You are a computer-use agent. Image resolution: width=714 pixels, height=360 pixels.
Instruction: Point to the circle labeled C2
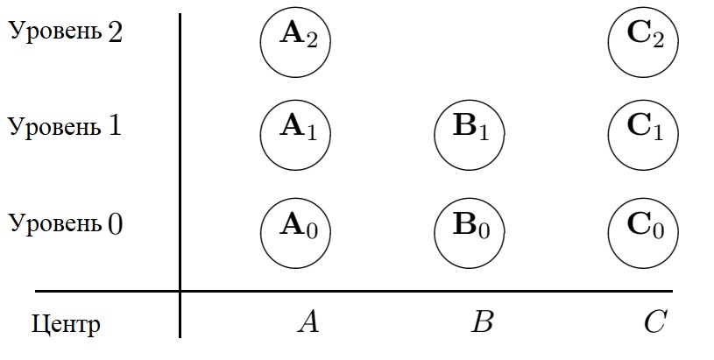click(642, 40)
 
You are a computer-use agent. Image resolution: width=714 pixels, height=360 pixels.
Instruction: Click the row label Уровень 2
click(65, 32)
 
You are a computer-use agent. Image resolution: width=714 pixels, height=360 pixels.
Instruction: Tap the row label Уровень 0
click(65, 222)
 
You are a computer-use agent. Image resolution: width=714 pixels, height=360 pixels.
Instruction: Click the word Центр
click(66, 325)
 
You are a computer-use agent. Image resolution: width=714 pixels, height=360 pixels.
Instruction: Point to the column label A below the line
click(308, 322)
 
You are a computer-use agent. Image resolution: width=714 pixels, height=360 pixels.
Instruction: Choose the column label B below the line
click(482, 322)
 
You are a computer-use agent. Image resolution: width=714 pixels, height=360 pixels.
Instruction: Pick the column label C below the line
click(655, 322)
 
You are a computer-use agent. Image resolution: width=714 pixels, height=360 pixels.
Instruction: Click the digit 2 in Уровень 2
click(115, 32)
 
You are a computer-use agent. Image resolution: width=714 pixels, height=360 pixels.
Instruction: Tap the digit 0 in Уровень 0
click(115, 223)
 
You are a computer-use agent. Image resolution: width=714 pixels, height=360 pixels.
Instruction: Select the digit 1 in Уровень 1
click(114, 125)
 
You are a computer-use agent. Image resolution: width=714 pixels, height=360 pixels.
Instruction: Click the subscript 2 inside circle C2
click(656, 41)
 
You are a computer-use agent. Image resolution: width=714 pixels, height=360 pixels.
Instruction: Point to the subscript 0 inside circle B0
click(483, 232)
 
